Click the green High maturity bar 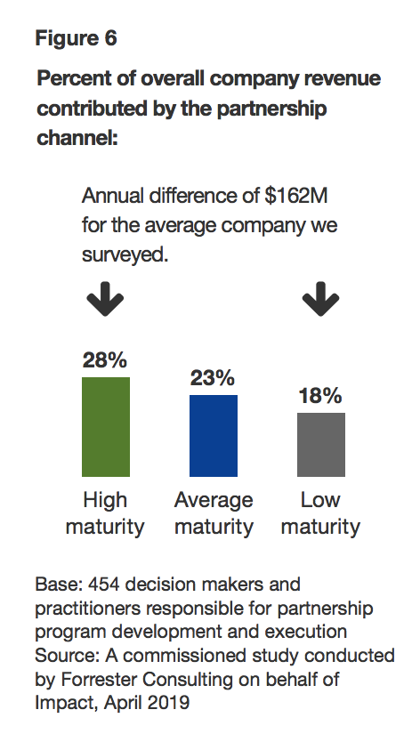tap(106, 426)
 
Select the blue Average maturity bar tap(214, 435)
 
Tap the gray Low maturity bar tap(320, 444)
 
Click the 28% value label tap(105, 360)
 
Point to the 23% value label tap(214, 377)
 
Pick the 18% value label tap(320, 396)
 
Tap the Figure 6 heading tap(76, 38)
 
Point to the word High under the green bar tap(105, 500)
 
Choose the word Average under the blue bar tap(214, 500)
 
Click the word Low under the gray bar tap(320, 500)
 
